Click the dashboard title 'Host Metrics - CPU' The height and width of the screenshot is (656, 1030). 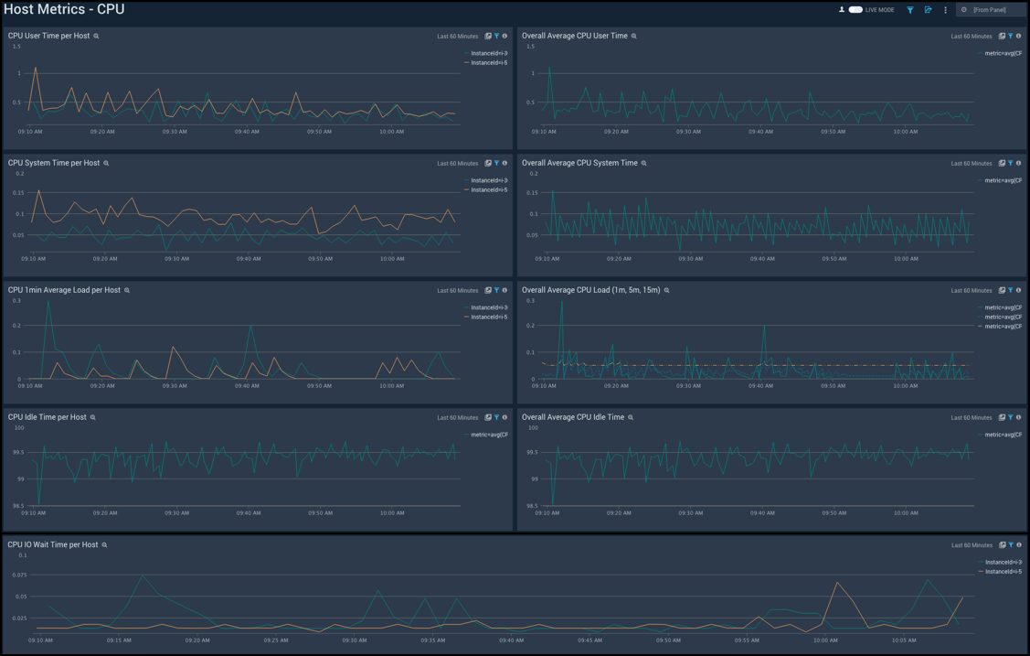tap(64, 10)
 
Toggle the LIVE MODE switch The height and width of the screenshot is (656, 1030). tap(855, 10)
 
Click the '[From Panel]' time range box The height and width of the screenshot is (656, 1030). tap(992, 10)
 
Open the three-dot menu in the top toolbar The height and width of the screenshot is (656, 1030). tap(945, 10)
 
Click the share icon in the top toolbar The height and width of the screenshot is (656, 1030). tap(928, 10)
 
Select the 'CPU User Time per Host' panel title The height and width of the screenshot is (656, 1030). tap(48, 36)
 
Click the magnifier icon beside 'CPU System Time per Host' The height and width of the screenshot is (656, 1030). tap(106, 163)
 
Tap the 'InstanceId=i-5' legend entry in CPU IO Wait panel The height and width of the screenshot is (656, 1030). tap(1003, 571)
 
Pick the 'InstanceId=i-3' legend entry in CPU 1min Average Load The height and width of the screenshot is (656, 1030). tap(488, 307)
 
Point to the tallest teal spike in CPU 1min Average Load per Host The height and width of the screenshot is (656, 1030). tap(48, 302)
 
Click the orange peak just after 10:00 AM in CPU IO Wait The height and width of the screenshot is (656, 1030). tap(837, 582)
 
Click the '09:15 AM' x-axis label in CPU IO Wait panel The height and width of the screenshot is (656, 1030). tap(118, 640)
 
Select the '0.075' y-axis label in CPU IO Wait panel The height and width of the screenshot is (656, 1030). tap(18, 575)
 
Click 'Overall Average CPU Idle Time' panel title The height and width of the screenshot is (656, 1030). tap(573, 417)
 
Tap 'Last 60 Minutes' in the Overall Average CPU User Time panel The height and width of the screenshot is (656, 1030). tap(971, 37)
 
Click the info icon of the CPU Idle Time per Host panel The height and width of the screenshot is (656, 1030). tap(504, 418)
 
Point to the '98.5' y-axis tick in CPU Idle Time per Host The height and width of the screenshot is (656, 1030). tap(18, 505)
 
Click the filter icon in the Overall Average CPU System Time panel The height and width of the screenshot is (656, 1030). tap(1010, 164)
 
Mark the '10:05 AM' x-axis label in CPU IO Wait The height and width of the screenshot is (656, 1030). tap(904, 640)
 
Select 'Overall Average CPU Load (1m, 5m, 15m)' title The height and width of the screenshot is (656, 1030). tap(590, 290)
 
